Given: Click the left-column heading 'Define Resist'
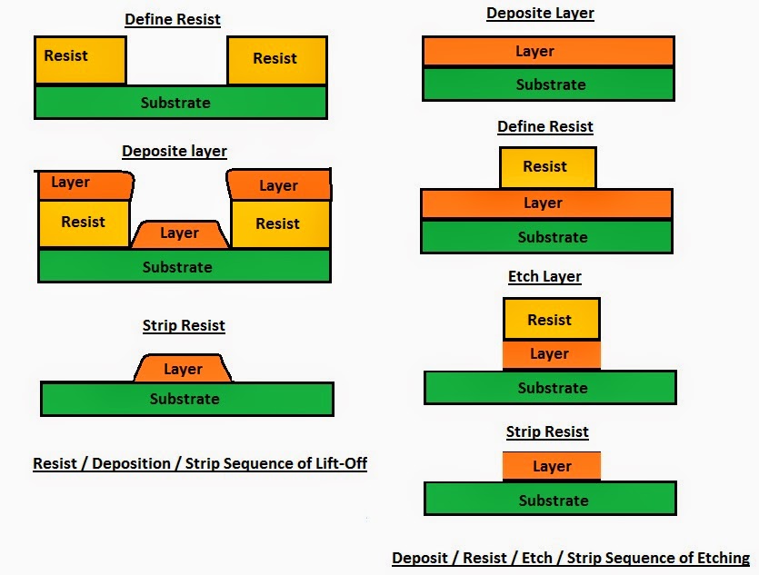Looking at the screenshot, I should coord(172,18).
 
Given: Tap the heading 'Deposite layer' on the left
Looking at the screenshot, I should coord(175,151).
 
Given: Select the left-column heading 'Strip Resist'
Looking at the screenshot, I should coord(184,325).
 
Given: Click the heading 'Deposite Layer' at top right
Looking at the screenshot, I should coord(540,13).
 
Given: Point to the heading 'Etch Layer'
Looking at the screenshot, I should coord(544,276).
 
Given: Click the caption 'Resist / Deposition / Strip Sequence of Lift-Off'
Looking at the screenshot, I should coord(200,463).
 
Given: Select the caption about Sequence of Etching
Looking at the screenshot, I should coord(570,558).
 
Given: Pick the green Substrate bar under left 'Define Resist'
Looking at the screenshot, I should coord(180,103).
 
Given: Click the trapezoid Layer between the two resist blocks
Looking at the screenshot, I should coord(180,234).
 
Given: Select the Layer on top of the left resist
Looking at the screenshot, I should coord(85,184).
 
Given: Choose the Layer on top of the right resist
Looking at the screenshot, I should coord(278,185).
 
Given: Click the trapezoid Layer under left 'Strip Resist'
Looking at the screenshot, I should coord(183,369).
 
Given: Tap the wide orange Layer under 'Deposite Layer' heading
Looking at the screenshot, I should coord(548,52).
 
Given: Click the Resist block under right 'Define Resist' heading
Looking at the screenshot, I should coord(547,167).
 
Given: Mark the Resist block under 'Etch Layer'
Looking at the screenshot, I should coord(551,320).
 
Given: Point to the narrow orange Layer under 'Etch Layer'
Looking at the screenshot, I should coord(551,354).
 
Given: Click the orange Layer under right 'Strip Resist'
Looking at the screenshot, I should coord(551,466).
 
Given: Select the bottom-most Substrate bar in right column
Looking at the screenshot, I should coord(551,500).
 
